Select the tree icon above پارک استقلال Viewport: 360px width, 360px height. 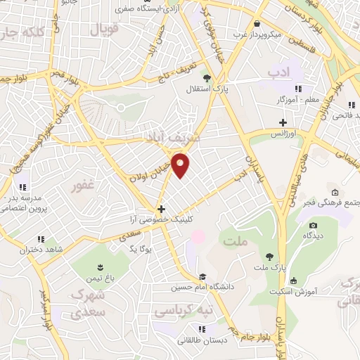point(206,78)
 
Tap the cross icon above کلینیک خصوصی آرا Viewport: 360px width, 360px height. point(162,209)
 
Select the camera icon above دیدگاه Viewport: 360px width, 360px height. point(313,226)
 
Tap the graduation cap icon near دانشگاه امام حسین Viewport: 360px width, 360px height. point(202,276)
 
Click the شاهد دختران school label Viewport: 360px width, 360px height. point(48,250)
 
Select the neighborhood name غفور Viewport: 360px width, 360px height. point(82,188)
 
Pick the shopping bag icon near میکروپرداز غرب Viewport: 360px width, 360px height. point(259,23)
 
